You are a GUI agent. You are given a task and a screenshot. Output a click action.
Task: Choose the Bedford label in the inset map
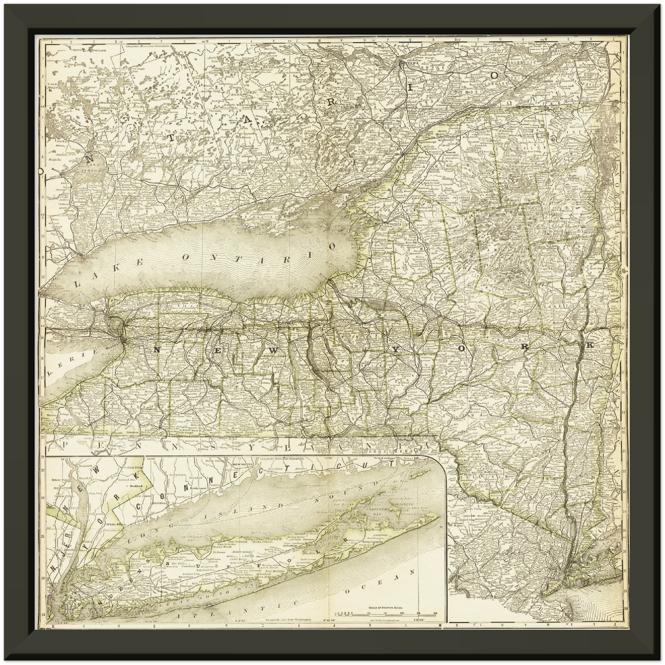click(135, 485)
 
